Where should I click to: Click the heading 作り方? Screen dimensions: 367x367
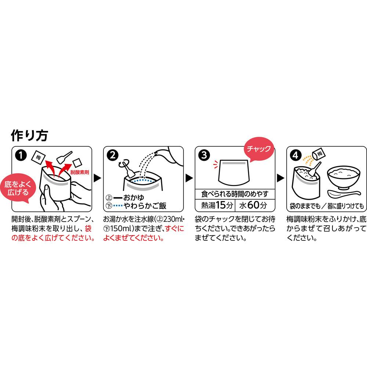(x=29, y=135)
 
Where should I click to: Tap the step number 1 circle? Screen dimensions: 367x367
(x=21, y=155)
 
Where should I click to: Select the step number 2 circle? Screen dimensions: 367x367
(x=113, y=155)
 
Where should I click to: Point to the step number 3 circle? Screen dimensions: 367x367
(x=204, y=155)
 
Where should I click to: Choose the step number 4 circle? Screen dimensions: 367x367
(x=296, y=155)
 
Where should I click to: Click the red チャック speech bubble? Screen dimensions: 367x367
(x=259, y=149)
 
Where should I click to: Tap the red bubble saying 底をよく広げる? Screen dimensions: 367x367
(x=18, y=188)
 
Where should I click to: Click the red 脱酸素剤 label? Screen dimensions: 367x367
(x=80, y=172)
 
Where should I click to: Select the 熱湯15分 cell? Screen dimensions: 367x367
(x=215, y=205)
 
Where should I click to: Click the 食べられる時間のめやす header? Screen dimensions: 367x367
(x=235, y=194)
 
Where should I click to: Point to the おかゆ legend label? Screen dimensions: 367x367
(x=134, y=198)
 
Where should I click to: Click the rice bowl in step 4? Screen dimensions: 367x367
(x=344, y=177)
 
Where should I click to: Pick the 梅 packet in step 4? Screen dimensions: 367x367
(x=318, y=154)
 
